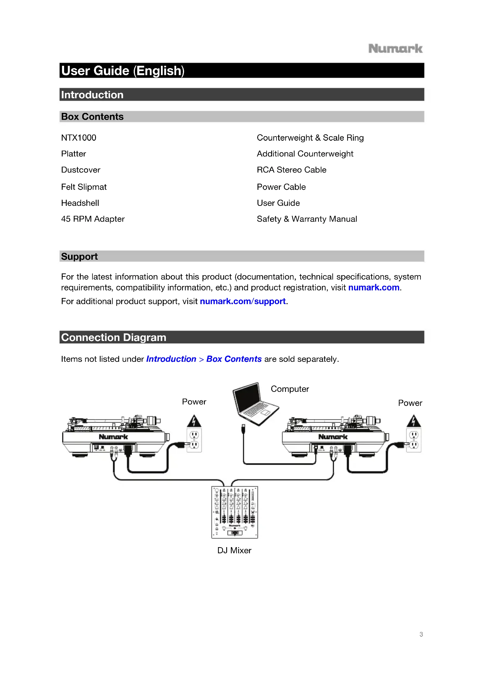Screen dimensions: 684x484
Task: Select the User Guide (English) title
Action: (123, 71)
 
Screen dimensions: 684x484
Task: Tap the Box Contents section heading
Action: (92, 116)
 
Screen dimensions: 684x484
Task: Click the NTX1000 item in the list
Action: (79, 138)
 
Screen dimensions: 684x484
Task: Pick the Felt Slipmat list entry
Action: (84, 187)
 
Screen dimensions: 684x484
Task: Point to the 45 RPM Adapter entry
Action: (93, 219)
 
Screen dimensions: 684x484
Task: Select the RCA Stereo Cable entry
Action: (291, 170)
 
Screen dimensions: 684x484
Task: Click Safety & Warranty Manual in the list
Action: (307, 219)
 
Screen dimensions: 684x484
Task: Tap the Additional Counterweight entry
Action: (305, 154)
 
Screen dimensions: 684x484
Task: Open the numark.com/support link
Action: (243, 301)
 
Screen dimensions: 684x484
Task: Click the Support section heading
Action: (79, 256)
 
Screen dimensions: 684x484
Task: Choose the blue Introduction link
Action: (171, 359)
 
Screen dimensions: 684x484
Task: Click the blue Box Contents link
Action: (234, 359)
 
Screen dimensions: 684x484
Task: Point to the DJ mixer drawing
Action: (235, 512)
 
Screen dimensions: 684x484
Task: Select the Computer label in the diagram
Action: (290, 389)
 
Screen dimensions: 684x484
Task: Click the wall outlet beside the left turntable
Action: (194, 440)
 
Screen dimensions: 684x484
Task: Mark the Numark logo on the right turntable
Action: (333, 437)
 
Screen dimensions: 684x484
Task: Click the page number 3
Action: (421, 634)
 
